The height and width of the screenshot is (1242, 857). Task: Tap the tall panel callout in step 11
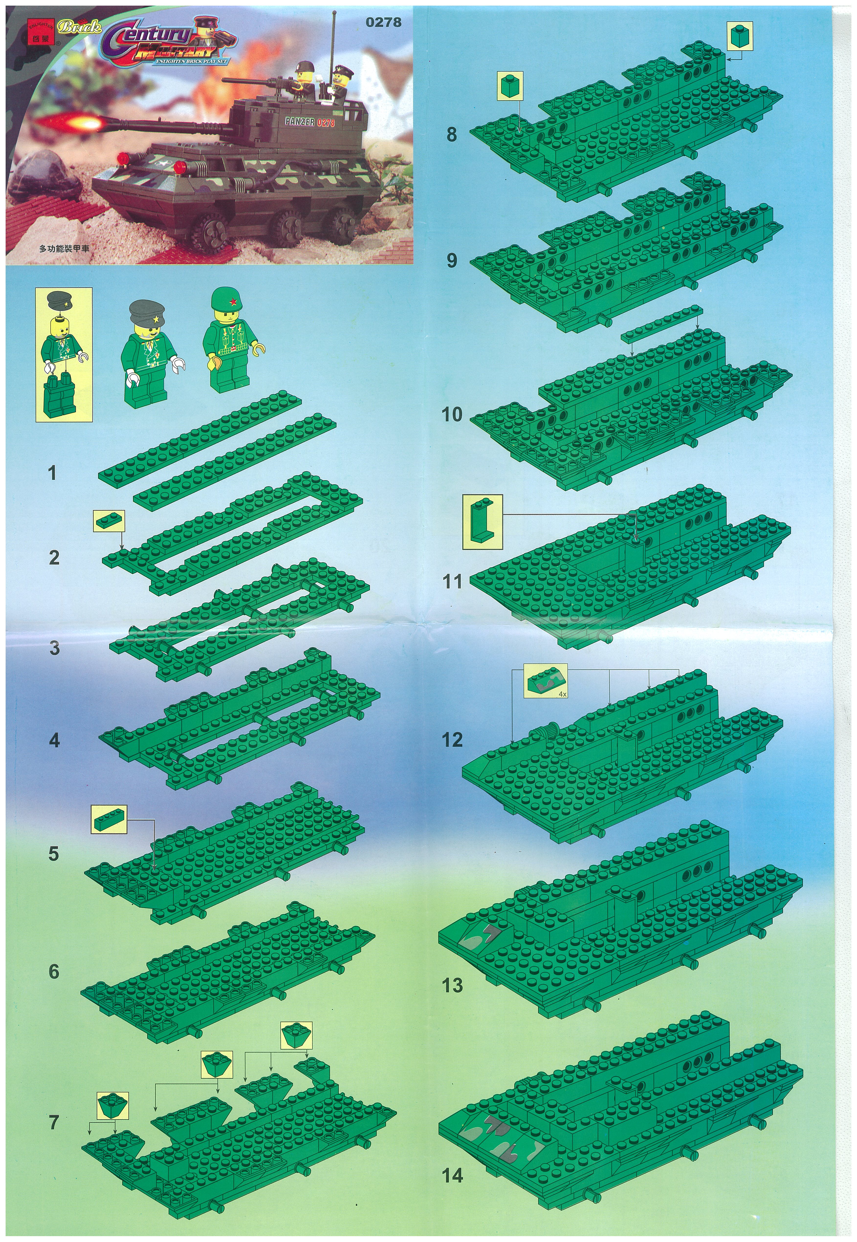coord(482,522)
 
